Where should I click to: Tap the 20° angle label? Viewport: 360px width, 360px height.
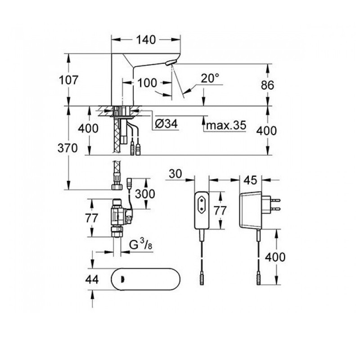coord(210,78)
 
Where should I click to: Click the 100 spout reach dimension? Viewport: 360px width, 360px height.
coord(148,83)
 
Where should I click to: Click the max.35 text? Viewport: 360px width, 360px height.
coord(226,126)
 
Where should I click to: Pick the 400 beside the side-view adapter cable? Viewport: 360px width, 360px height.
coord(275,257)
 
